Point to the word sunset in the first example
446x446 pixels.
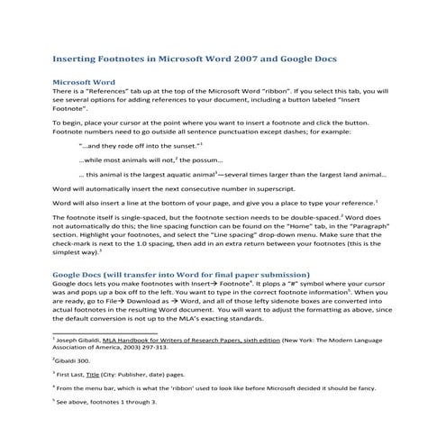[182, 145]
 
